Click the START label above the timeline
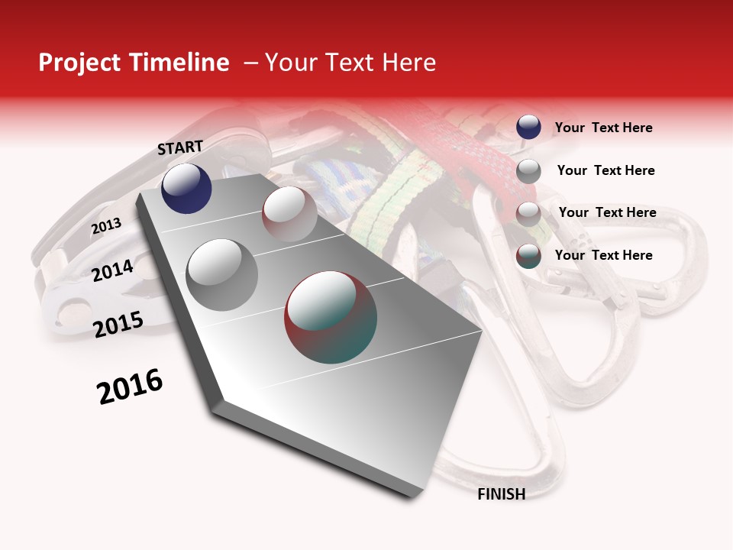coord(180,147)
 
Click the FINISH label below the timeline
coord(502,494)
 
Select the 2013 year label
coord(106,226)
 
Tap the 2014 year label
coord(112,270)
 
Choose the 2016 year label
coord(130,387)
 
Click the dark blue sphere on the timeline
coord(186,189)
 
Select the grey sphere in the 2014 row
coord(221,274)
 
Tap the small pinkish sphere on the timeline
coord(289,214)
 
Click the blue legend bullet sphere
coord(528,127)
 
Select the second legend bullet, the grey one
coord(528,171)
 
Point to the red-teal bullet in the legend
coord(528,256)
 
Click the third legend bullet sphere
coord(528,214)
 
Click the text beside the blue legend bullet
coord(603,128)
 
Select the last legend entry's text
coord(603,255)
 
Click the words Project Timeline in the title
coord(134,63)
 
